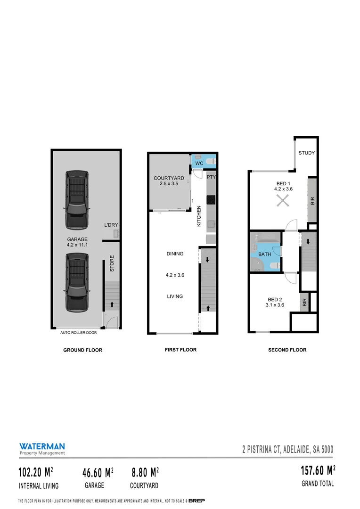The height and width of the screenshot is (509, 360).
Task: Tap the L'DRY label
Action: coord(111,225)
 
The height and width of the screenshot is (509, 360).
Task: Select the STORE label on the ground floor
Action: coord(112,263)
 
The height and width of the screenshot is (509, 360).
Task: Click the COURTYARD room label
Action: coord(169,178)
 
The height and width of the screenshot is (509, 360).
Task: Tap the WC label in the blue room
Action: coord(199,163)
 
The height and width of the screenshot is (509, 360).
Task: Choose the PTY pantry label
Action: coord(211,177)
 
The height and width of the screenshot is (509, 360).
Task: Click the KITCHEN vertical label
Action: coord(199,216)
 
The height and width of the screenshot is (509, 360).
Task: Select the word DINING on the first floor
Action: coord(175,254)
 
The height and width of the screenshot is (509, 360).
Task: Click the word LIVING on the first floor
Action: coord(175,296)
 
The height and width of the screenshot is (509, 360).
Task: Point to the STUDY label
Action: coord(306,153)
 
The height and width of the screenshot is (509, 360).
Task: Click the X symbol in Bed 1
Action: coord(282,201)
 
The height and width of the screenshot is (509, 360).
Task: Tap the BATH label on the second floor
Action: coord(264,254)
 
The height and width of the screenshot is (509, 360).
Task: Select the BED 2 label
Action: coord(275,300)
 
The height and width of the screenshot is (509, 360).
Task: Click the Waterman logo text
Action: coord(42,446)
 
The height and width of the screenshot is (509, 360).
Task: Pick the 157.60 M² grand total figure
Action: coord(318,471)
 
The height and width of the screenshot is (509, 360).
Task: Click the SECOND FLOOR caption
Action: coord(287,350)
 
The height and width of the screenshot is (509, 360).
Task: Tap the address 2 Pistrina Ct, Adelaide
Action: coord(287,450)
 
